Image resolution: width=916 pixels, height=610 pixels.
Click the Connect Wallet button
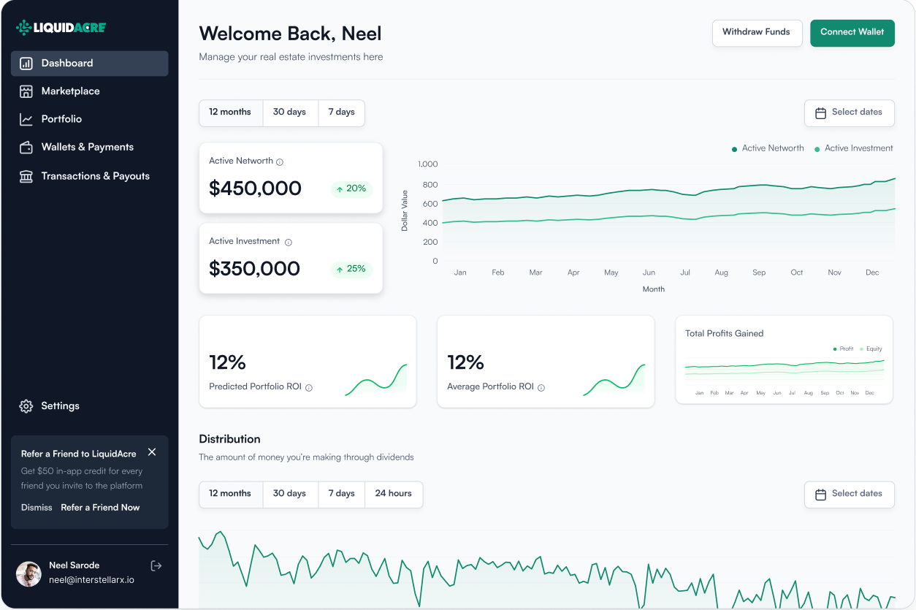pyautogui.click(x=852, y=32)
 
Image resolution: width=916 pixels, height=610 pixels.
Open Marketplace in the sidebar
pyautogui.click(x=70, y=91)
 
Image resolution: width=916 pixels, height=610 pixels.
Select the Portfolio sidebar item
pyautogui.click(x=61, y=119)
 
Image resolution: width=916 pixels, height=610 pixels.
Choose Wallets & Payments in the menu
pyautogui.click(x=87, y=147)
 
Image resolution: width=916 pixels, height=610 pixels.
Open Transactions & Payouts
pyautogui.click(x=95, y=176)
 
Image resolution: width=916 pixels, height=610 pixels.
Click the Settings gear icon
pyautogui.click(x=26, y=406)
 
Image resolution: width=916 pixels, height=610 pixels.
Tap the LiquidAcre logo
pyautogui.click(x=61, y=28)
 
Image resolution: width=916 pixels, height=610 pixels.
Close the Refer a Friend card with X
pyautogui.click(x=152, y=452)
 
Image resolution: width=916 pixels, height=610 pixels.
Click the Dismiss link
pyautogui.click(x=37, y=508)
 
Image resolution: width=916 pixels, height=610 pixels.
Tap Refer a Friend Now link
pyautogui.click(x=100, y=508)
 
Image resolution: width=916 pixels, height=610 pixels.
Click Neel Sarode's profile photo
pyautogui.click(x=29, y=573)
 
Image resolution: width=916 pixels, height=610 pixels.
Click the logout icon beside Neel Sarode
pyautogui.click(x=156, y=565)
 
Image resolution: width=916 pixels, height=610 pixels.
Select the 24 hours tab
pyautogui.click(x=393, y=494)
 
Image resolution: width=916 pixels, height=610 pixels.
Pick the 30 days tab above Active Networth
pyautogui.click(x=289, y=113)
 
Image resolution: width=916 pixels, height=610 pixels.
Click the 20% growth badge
pyautogui.click(x=351, y=189)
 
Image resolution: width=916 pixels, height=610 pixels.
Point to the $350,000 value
pyautogui.click(x=254, y=269)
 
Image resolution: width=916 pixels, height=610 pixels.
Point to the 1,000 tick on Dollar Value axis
pyautogui.click(x=427, y=164)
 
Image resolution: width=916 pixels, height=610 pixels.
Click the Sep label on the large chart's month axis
pyautogui.click(x=759, y=272)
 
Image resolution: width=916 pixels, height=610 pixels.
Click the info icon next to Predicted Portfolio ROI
pyautogui.click(x=309, y=388)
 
